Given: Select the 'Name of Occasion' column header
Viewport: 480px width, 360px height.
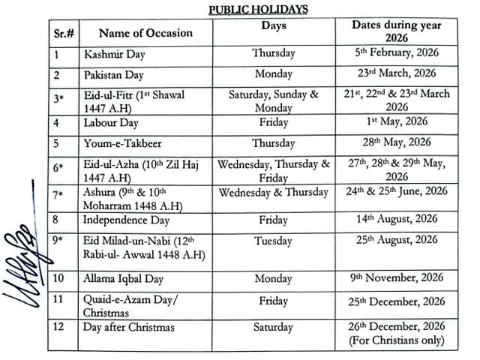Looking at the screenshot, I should pos(145,32).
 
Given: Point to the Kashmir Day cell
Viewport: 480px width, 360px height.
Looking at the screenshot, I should pos(115,55).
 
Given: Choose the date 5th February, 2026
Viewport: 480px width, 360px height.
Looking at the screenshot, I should pos(395,53).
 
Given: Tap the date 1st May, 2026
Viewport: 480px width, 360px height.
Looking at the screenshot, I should pos(395,121).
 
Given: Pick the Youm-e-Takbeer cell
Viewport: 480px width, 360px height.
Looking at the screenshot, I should pos(124,143).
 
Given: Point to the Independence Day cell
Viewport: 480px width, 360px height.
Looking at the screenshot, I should pos(126,220).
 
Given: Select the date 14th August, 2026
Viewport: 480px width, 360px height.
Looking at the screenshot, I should pos(395,219).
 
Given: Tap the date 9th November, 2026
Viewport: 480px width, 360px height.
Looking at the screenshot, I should pos(395,279).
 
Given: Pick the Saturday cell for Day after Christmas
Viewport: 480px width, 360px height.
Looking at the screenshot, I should pos(274,328).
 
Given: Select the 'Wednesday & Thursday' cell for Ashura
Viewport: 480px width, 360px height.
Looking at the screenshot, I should pos(274,193).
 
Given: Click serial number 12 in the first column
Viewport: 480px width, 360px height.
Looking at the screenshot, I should pos(59,328).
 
